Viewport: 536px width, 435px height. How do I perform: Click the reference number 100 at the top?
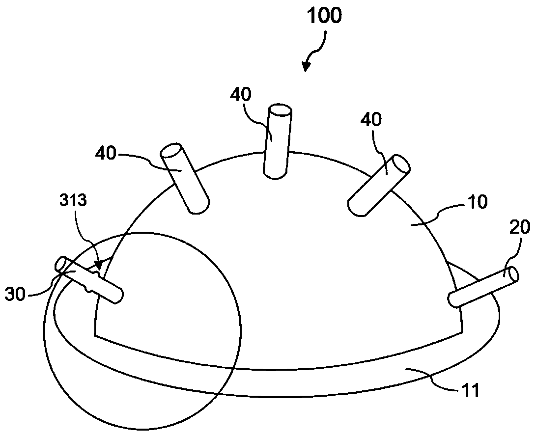coord(324,16)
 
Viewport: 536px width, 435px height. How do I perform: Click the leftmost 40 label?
coord(106,154)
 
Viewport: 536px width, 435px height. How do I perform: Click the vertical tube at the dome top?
coord(278,142)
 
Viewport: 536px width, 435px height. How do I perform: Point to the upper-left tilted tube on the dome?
coord(185,178)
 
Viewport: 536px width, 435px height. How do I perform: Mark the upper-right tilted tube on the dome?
coord(379,186)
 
